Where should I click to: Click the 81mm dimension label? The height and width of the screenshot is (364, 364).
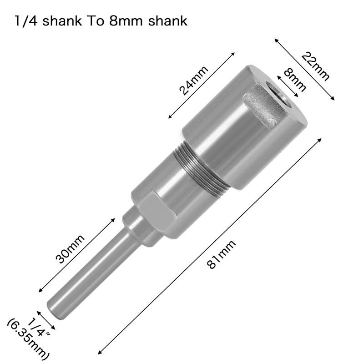(222, 255)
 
